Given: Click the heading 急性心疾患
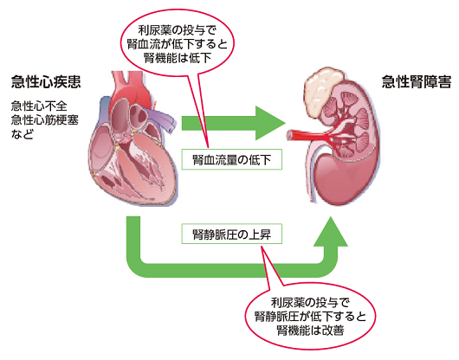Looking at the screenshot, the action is [46, 81].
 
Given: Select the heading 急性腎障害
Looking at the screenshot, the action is [417, 81].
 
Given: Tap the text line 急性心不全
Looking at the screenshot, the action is [39, 106].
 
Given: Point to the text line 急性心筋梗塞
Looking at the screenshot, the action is [45, 120].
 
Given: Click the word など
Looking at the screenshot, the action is [23, 134].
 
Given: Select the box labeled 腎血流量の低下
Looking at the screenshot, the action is [231, 159].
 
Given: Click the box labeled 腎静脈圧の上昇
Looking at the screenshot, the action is [231, 234].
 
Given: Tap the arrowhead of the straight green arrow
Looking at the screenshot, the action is [270, 123].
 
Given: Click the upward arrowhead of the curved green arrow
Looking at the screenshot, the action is [331, 233].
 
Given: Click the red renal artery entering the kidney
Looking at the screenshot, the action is [307, 135].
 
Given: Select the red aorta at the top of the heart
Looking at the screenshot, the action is [132, 87].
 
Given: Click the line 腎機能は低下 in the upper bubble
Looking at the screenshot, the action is [178, 58].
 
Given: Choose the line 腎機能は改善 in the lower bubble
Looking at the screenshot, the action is [310, 331].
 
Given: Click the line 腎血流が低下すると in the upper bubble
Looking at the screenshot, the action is [178, 44].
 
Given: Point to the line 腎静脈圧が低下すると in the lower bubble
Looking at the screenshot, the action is [310, 317].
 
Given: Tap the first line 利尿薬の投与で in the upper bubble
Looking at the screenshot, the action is [178, 29].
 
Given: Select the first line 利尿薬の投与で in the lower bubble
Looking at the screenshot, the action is [310, 302].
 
